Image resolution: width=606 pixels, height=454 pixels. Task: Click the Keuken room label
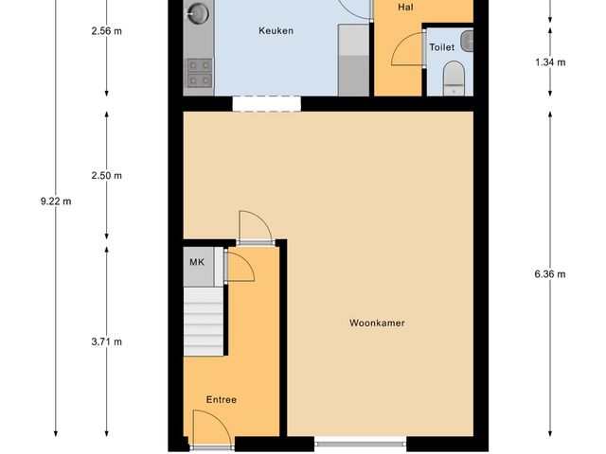pyautogui.click(x=276, y=31)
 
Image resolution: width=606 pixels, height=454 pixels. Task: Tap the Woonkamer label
pyautogui.click(x=378, y=323)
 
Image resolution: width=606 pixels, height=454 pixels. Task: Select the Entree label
pyautogui.click(x=222, y=400)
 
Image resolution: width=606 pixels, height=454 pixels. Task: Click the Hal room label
pyautogui.click(x=406, y=7)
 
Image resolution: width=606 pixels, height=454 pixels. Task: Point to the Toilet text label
pyautogui.click(x=441, y=46)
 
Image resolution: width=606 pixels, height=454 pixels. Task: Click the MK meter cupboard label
pyautogui.click(x=197, y=262)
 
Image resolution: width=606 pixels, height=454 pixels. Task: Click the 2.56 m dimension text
pyautogui.click(x=107, y=31)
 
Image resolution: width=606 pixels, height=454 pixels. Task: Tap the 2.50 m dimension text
pyautogui.click(x=107, y=176)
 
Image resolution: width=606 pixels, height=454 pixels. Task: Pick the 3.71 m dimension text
pyautogui.click(x=107, y=342)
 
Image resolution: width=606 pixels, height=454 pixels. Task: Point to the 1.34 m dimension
pyautogui.click(x=550, y=62)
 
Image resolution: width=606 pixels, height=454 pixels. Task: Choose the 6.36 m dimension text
pyautogui.click(x=550, y=275)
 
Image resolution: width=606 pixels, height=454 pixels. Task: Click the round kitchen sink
pyautogui.click(x=198, y=13)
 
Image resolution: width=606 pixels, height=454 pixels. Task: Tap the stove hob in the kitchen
pyautogui.click(x=199, y=73)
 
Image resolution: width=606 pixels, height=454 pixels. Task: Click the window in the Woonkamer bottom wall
pyautogui.click(x=361, y=441)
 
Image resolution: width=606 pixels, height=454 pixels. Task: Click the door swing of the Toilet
pyautogui.click(x=409, y=50)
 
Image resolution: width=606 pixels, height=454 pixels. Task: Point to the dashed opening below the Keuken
pyautogui.click(x=267, y=103)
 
